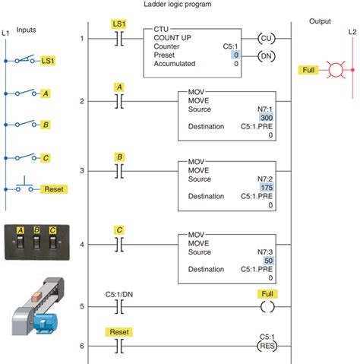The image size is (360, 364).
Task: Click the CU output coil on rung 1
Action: pos(266,39)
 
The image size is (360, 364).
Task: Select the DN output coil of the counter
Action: pos(266,56)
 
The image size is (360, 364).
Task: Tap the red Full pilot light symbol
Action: pos(336,69)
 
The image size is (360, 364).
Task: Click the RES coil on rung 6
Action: pos(267,346)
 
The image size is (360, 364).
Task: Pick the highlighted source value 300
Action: pos(267,118)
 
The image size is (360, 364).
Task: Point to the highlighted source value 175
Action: pos(267,188)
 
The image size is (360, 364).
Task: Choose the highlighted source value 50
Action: pos(268,261)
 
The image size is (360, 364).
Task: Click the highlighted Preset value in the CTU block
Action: pos(235,55)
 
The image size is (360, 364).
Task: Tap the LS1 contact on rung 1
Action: pos(119,39)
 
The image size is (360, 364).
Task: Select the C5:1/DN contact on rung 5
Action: pos(119,307)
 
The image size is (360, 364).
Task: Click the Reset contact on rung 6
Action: pos(119,346)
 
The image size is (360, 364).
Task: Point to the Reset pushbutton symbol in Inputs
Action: pos(24,186)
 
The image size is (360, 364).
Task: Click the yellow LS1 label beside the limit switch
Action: pos(48,61)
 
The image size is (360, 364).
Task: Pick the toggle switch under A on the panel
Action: pos(20,242)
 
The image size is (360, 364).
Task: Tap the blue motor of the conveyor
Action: pos(46,323)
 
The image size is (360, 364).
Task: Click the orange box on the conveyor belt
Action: pos(36,296)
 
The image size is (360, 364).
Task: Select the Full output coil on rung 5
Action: pos(267,307)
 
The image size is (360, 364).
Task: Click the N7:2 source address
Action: pos(265,179)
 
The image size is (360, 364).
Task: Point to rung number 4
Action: pos(82,245)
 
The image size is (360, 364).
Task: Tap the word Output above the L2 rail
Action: pos(320,21)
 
